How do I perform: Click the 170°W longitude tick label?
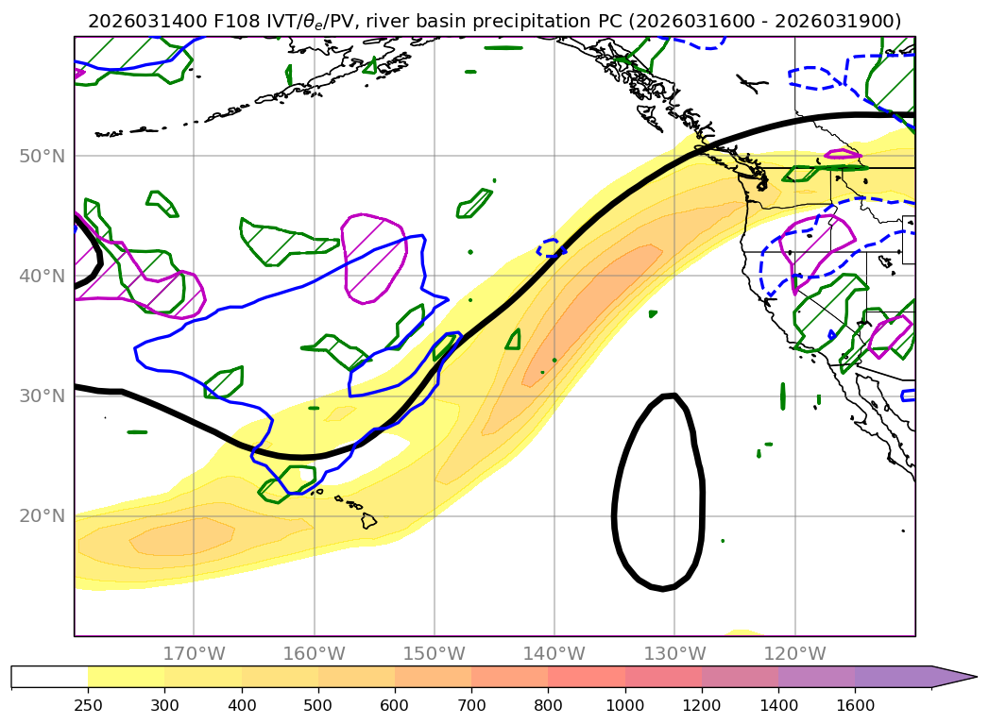pos(194,653)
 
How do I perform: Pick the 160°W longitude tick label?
pos(314,653)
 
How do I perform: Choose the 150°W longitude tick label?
pos(435,653)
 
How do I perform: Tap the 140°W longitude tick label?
pos(554,653)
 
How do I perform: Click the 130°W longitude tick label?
pos(674,653)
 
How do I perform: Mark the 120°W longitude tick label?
pos(794,653)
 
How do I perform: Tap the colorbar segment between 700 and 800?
pos(509,677)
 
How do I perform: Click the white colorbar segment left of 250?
pos(49,677)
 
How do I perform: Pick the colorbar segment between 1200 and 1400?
pos(740,677)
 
